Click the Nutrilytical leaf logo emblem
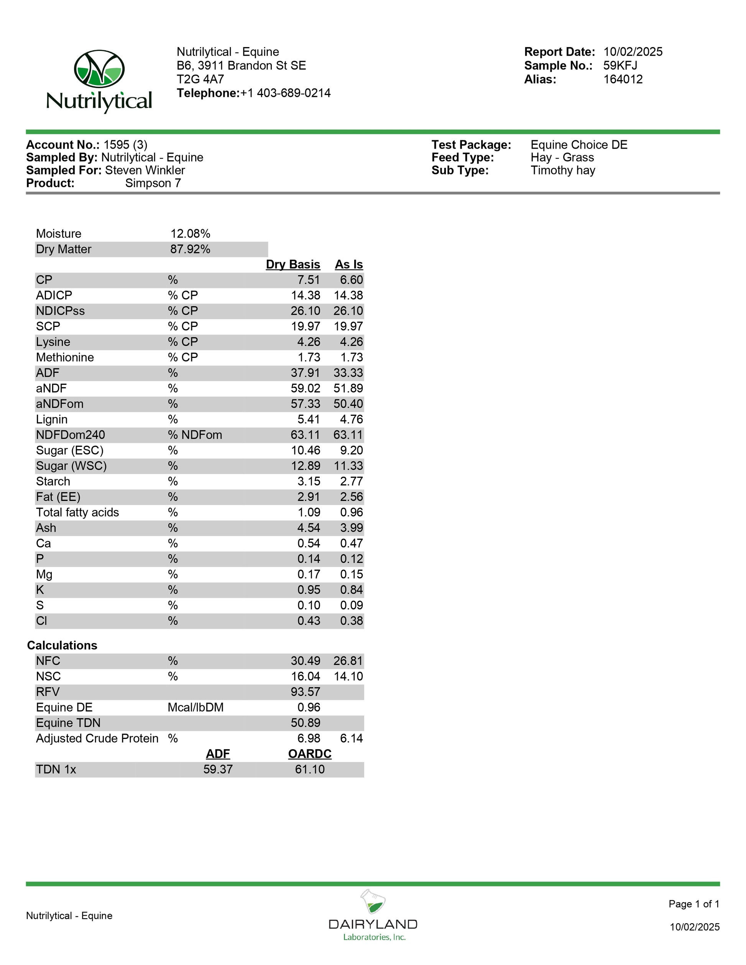pos(99,69)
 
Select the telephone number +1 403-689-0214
pos(285,93)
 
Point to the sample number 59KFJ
pos(620,66)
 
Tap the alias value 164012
pos(623,80)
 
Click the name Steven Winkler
pos(145,171)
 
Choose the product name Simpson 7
pos(153,183)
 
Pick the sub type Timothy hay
pos(563,171)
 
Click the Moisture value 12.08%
pos(190,234)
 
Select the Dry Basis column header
pos(292,265)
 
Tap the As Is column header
pos(349,265)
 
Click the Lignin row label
pos(52,419)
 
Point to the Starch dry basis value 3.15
pos(309,481)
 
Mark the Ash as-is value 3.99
pos(352,528)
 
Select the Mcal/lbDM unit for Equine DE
pos(196,707)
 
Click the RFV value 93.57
pos(305,692)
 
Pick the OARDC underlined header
pos(309,754)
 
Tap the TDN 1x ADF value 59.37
pos(218,769)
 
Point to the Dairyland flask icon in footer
pos(373,902)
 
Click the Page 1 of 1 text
pos(694,904)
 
